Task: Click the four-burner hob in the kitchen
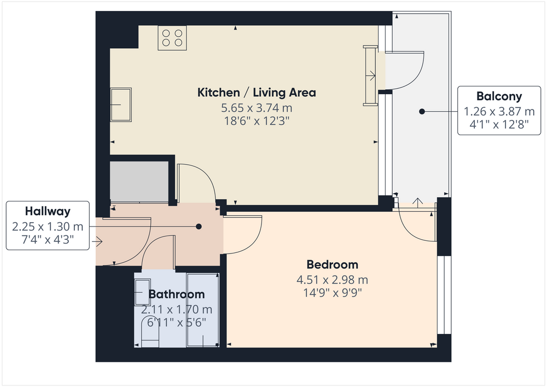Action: coord(172,38)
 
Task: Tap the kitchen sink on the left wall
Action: coord(121,105)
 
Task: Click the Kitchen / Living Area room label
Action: coord(257,93)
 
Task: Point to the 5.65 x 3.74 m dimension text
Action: coord(257,108)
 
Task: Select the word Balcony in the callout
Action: coord(499,96)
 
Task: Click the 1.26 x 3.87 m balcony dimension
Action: coord(499,111)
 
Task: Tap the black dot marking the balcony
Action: coord(422,112)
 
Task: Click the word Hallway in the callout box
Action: coord(48,211)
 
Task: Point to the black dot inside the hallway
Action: coord(199,227)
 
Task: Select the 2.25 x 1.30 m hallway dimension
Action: coord(48,227)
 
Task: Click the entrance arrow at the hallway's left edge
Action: coord(97,241)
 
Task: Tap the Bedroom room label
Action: coord(333,264)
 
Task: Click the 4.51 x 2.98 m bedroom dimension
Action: coord(333,280)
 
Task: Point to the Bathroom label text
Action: coord(177,294)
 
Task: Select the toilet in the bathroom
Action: coord(150,332)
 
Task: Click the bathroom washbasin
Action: coord(143,292)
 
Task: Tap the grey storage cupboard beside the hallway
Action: coord(139,181)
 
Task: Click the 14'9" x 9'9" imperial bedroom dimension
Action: coord(333,292)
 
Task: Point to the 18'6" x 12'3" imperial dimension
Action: coord(257,121)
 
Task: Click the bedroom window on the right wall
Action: coord(444,295)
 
